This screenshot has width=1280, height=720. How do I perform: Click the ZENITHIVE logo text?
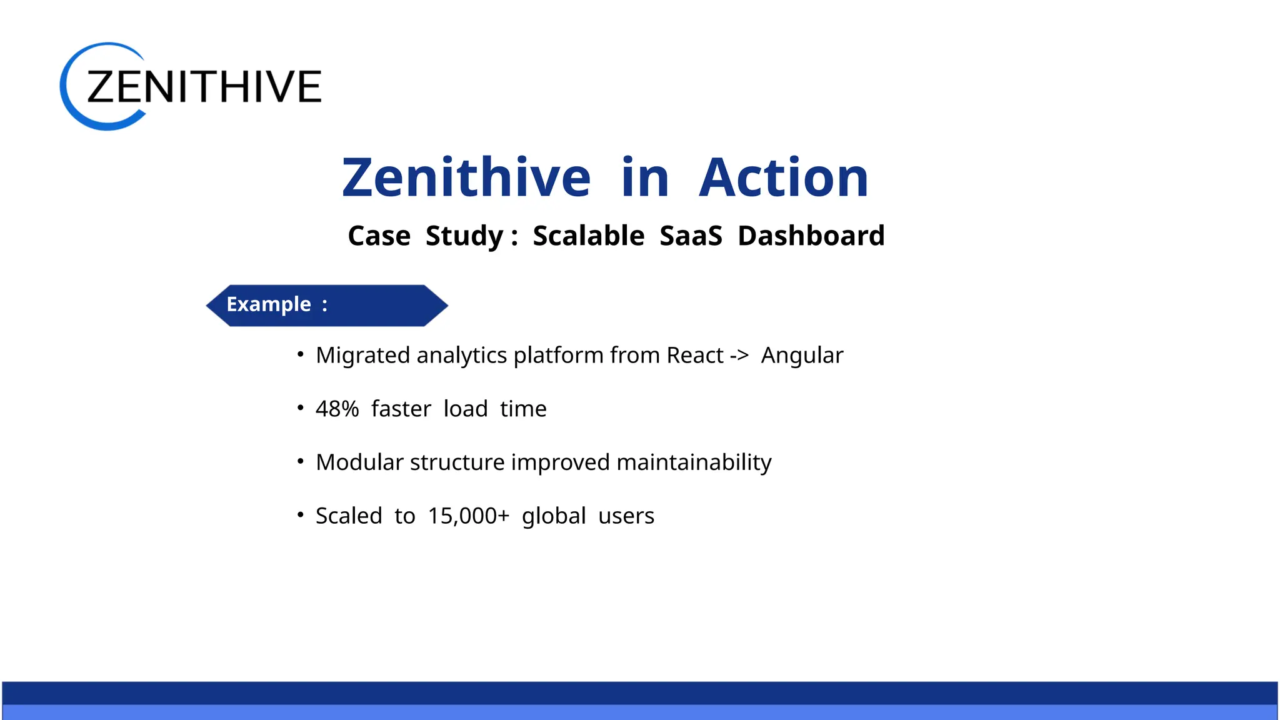pos(204,86)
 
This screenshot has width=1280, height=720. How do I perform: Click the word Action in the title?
pos(783,178)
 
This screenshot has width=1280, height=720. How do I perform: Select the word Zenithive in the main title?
pos(466,178)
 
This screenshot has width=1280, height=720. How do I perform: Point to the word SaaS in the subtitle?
pos(691,236)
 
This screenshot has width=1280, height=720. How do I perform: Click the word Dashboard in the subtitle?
pos(811,236)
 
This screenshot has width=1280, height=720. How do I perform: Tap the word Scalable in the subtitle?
pos(588,236)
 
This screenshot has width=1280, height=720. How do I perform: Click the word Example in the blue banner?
pos(269,304)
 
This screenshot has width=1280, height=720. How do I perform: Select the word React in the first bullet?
pos(694,355)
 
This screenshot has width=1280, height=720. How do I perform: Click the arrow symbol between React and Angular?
pos(739,356)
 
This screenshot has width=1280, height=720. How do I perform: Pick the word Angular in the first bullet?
pos(802,356)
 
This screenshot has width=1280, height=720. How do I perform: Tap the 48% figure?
pos(337,409)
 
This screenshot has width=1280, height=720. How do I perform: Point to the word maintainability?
pos(694,462)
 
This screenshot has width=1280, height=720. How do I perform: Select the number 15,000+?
pos(468,516)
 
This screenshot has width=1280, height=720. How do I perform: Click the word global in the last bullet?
pos(554,516)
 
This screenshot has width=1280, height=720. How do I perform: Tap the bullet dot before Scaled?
pos(301,514)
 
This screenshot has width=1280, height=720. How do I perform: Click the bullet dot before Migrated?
pos(301,354)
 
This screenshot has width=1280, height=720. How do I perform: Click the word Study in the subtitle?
pos(464,236)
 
